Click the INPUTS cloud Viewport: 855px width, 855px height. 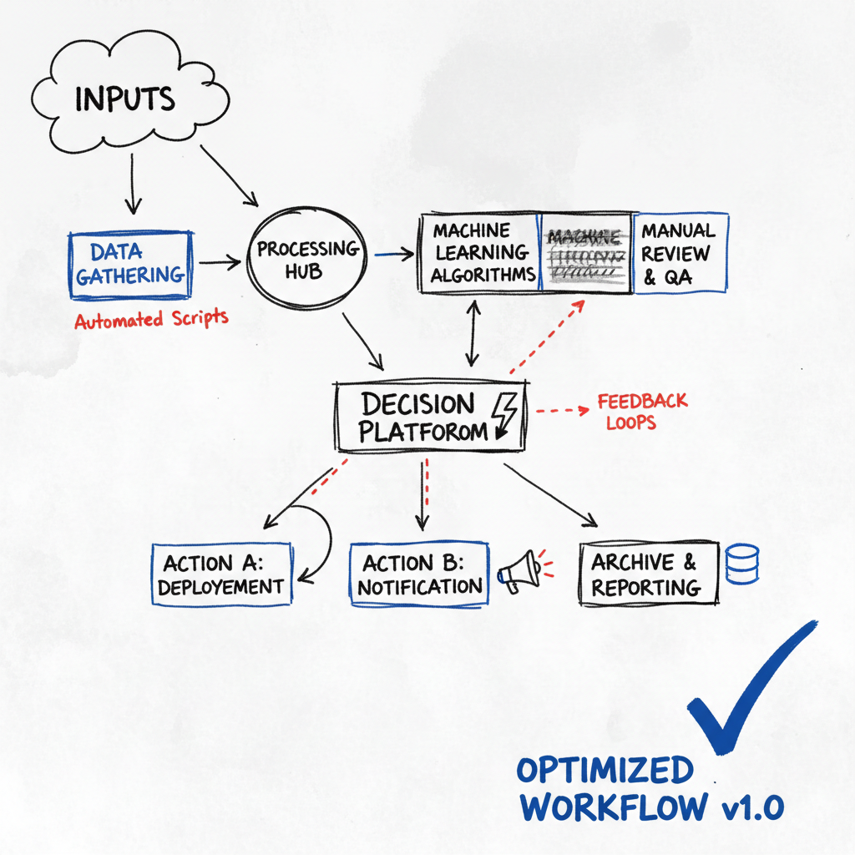pyautogui.click(x=125, y=99)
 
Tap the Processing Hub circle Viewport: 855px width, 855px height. pyautogui.click(x=307, y=261)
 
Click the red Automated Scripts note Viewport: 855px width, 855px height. pyautogui.click(x=151, y=319)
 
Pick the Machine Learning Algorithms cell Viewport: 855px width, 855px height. pyautogui.click(x=481, y=252)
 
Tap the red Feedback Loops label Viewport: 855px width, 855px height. pyautogui.click(x=641, y=412)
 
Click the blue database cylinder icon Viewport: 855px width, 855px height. pyautogui.click(x=742, y=564)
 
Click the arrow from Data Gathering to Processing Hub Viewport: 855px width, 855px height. pyautogui.click(x=220, y=263)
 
